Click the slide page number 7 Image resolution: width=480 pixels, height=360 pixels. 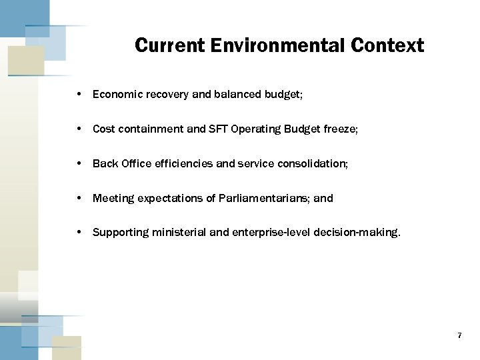click(x=459, y=335)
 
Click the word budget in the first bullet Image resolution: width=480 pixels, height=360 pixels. click(x=285, y=95)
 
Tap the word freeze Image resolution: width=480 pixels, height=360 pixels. click(x=340, y=129)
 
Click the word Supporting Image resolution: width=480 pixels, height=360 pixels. click(x=121, y=233)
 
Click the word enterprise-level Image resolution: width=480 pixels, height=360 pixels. click(x=265, y=233)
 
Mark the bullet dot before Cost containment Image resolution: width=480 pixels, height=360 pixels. click(x=79, y=129)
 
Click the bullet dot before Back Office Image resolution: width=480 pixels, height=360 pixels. click(x=79, y=163)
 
